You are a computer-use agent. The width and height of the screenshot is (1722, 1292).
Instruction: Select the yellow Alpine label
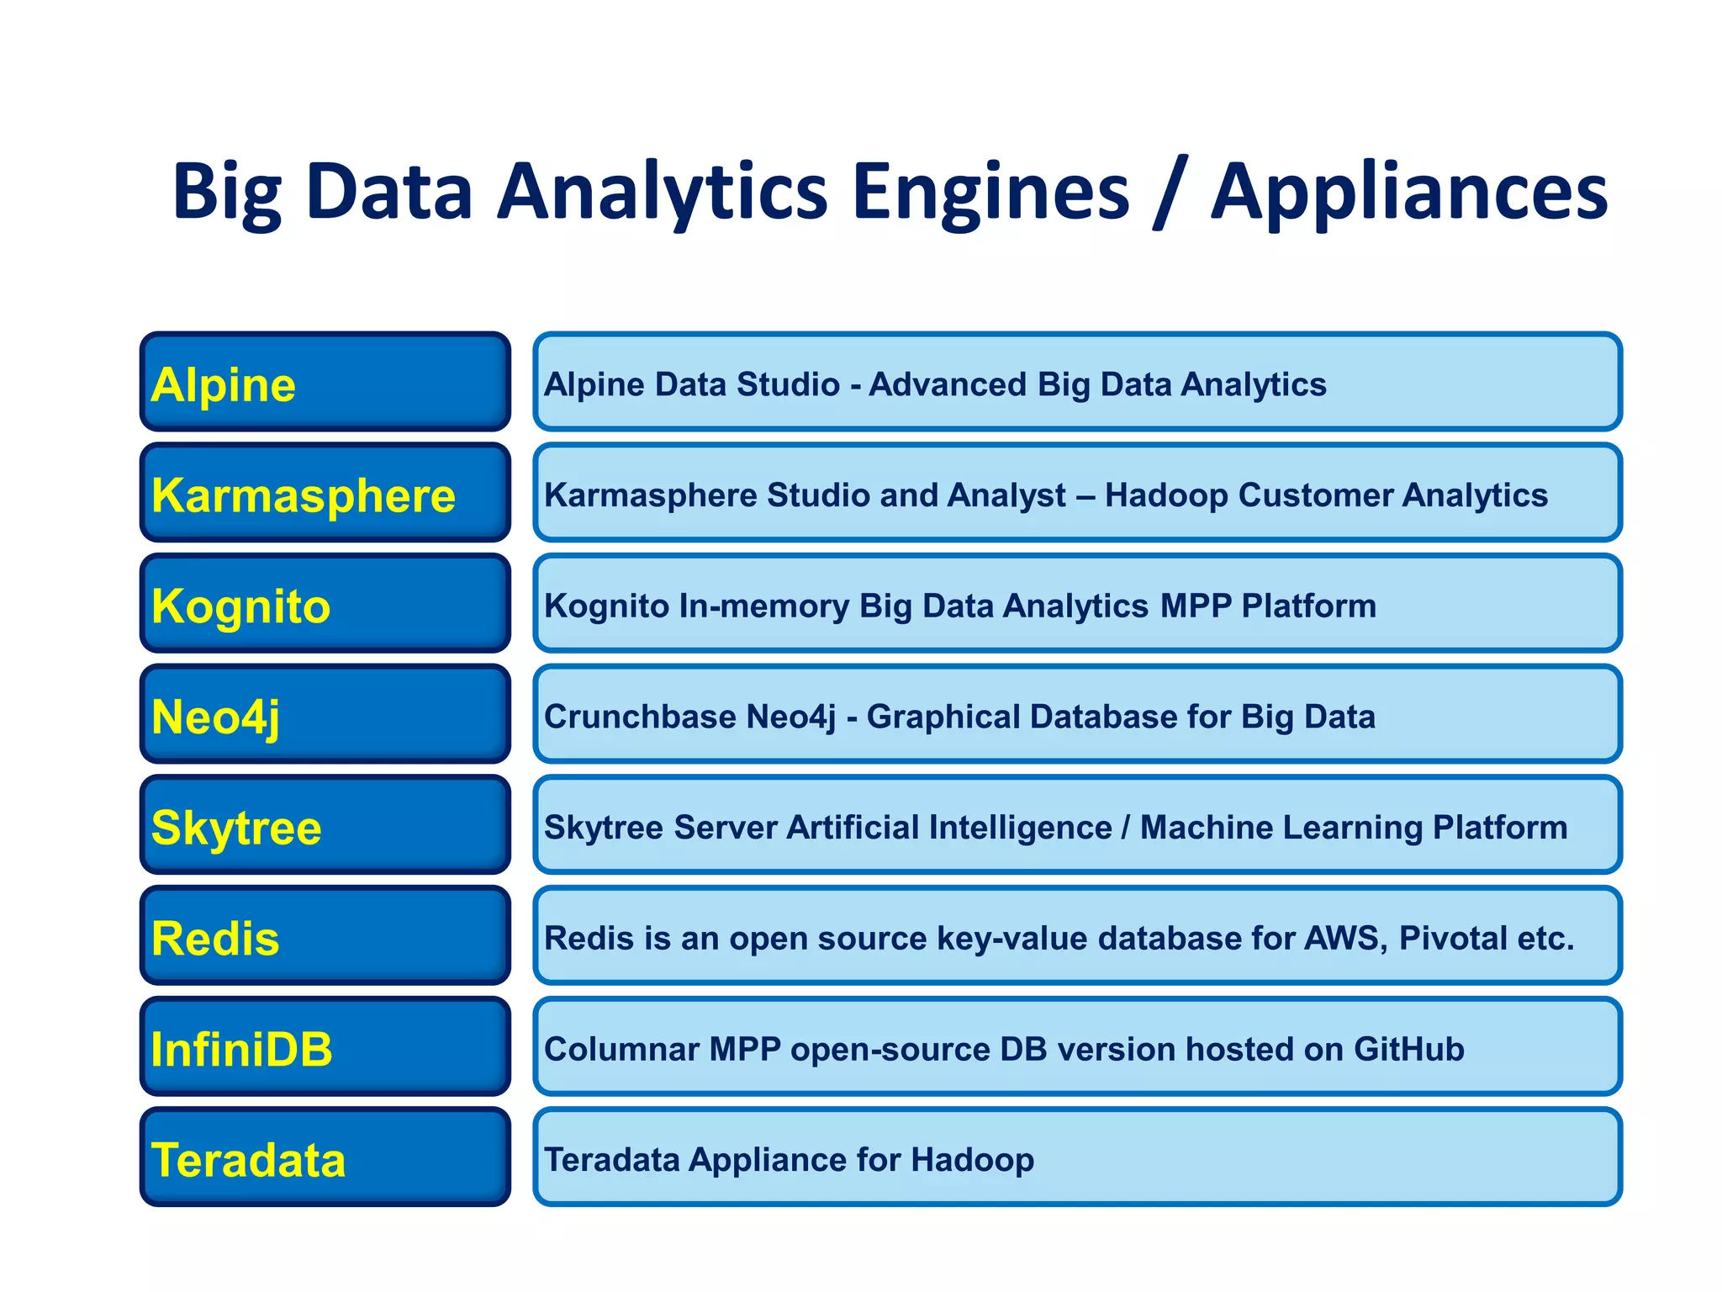(x=224, y=385)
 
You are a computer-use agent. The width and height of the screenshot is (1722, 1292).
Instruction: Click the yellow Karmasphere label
(x=304, y=495)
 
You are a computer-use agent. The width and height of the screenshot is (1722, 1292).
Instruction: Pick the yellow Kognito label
(x=241, y=606)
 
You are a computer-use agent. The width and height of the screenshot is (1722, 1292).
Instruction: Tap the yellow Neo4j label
(x=215, y=717)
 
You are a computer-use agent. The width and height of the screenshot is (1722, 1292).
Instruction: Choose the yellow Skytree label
(x=236, y=829)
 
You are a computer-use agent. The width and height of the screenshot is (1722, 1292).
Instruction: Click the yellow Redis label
(x=215, y=939)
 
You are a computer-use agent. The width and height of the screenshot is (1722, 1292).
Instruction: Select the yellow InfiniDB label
(x=242, y=1050)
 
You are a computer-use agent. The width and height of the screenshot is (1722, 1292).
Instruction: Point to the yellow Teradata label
(x=248, y=1161)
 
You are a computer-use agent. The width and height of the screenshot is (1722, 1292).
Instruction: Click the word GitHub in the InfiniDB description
(x=1409, y=1050)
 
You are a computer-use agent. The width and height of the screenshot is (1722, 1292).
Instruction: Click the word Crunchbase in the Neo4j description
(x=640, y=717)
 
